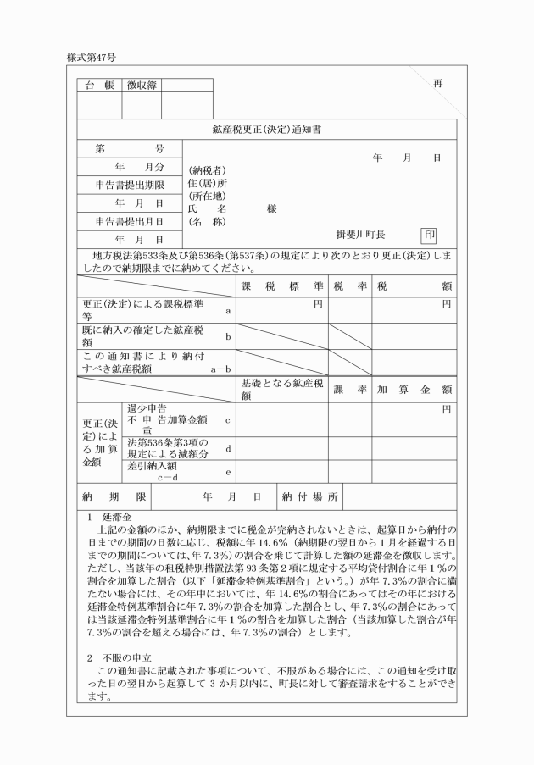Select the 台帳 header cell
pyautogui.click(x=99, y=85)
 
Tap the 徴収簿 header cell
pyautogui.click(x=141, y=85)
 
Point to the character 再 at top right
pyautogui.click(x=437, y=83)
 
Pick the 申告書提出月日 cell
pyautogui.click(x=129, y=221)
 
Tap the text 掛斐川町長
pyautogui.click(x=361, y=235)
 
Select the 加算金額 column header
pyautogui.click(x=414, y=390)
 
